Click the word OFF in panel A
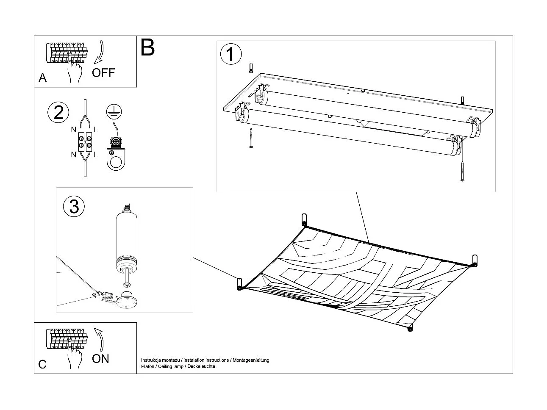103,72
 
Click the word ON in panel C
100,359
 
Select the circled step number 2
58,112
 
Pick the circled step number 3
74,207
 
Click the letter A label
42,78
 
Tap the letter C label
42,364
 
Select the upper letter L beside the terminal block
95,129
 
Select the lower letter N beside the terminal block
74,155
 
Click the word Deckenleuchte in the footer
202,366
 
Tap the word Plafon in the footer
148,366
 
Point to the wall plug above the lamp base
251,67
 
